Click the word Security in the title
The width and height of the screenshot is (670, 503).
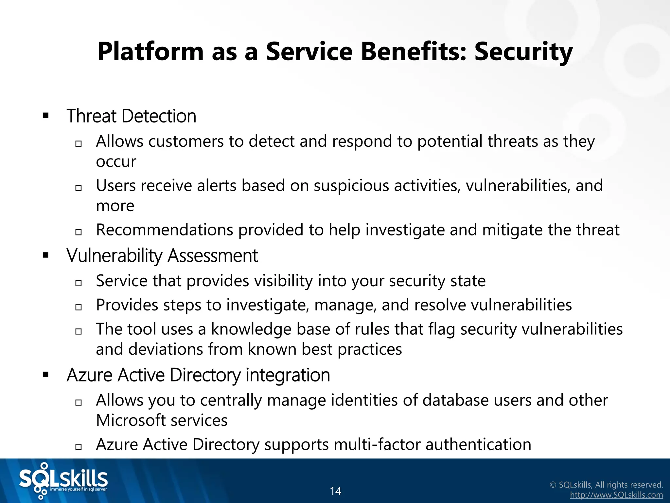[x=523, y=52]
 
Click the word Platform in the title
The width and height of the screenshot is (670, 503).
[x=150, y=52]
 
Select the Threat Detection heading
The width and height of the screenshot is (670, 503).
[x=131, y=116]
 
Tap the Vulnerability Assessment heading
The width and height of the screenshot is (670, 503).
[x=162, y=255]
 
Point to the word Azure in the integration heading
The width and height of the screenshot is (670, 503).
[x=89, y=375]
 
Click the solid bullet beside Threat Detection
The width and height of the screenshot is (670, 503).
[x=45, y=116]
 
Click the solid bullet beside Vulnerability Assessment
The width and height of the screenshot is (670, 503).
[x=45, y=255]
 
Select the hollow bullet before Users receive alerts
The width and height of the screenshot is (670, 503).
[x=78, y=188]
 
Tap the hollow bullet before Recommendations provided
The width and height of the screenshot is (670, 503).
[x=78, y=232]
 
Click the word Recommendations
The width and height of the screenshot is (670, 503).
[x=164, y=230]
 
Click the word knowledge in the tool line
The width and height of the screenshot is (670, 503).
[x=251, y=329]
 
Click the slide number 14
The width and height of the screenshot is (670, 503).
[x=335, y=491]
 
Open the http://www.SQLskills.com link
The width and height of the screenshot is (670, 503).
[x=616, y=495]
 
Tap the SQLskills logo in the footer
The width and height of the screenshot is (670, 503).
[x=63, y=481]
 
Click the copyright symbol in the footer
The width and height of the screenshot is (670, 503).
[x=553, y=485]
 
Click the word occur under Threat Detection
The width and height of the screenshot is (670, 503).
[x=116, y=161]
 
